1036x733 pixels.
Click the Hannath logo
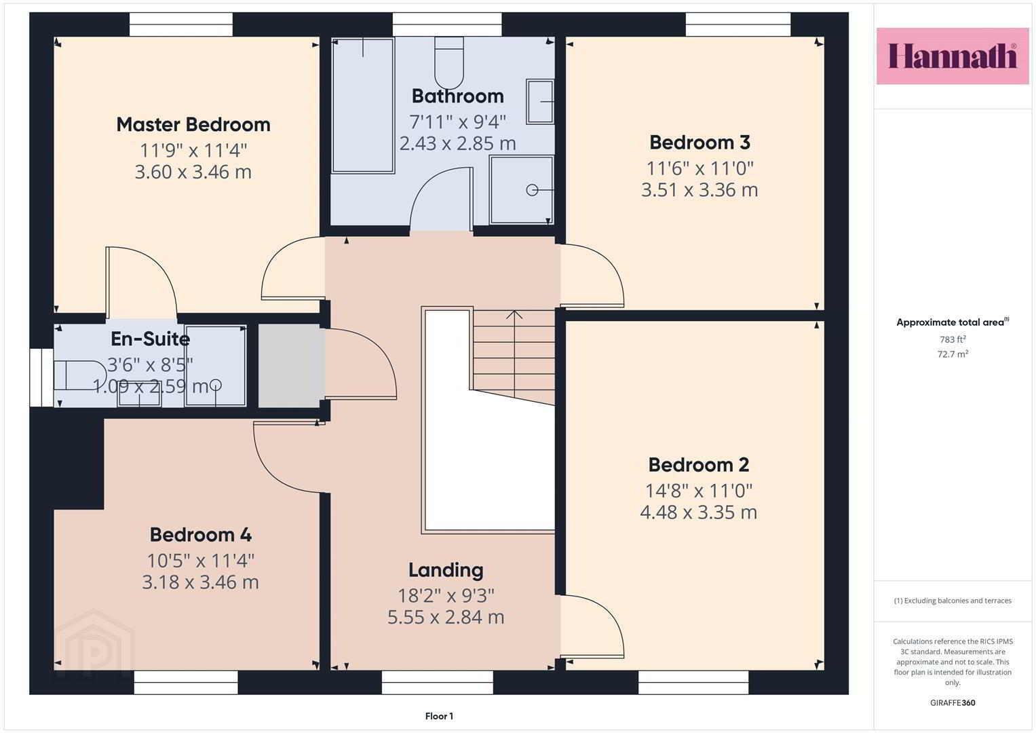coord(953,56)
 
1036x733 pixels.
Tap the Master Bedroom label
coord(193,124)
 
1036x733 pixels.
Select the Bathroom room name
coord(457,96)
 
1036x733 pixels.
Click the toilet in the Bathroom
coord(448,63)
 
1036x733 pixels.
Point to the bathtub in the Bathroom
coord(363,106)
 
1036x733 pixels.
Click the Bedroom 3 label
coord(699,143)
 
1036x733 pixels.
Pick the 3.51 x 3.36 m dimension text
coord(699,190)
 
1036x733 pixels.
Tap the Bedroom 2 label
coord(698,465)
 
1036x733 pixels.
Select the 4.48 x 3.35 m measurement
coord(698,512)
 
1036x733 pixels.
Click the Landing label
coord(446,570)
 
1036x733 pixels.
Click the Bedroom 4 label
coord(201,535)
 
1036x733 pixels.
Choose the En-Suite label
coord(151,339)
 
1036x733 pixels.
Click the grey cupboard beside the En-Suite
coord(289,366)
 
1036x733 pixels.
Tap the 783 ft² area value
coord(953,339)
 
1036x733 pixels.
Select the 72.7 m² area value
coord(953,354)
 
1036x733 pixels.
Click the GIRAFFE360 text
coord(953,703)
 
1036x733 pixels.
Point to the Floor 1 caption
coord(439,716)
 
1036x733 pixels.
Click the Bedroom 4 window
coord(186,682)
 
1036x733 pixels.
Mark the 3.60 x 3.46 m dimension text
coord(193,172)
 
